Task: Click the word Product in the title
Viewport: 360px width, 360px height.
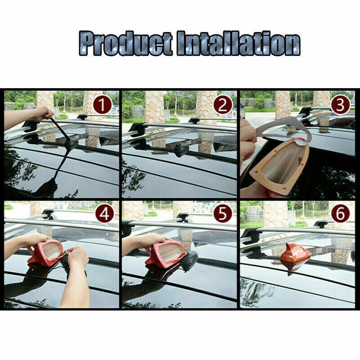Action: click(126, 43)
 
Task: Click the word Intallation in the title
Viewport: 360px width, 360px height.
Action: click(238, 43)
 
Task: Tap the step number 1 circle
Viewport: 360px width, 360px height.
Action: click(103, 104)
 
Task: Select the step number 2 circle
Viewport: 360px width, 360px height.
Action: click(223, 104)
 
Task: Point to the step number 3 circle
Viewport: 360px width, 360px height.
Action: click(340, 104)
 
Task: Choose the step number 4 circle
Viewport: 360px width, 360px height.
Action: click(105, 214)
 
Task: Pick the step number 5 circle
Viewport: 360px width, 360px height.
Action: click(223, 214)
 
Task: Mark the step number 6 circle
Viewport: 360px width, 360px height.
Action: click(340, 214)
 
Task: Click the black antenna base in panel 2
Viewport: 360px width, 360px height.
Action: click(181, 150)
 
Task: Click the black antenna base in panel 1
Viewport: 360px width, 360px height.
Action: click(71, 144)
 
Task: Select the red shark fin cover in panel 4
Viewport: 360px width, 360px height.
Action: click(45, 252)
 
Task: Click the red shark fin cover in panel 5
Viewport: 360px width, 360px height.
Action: click(164, 254)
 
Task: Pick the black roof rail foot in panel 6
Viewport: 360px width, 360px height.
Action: click(251, 235)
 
